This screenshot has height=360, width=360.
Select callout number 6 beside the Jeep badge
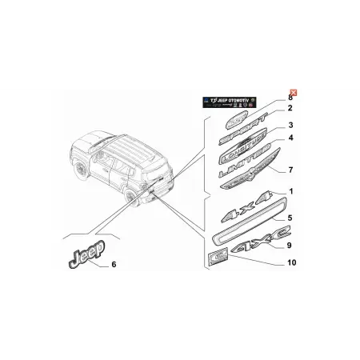[x=113, y=264]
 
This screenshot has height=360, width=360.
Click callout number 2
[x=290, y=109]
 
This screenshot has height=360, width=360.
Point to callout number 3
[x=291, y=125]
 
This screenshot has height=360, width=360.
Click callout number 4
[x=291, y=138]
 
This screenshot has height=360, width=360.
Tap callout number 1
[x=291, y=190]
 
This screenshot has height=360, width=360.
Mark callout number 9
[x=291, y=245]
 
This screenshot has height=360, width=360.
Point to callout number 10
[x=291, y=262]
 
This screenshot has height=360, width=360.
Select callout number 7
[x=291, y=170]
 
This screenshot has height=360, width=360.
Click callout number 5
[x=291, y=217]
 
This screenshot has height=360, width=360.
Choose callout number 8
[x=291, y=97]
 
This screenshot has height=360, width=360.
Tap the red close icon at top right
[x=294, y=94]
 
